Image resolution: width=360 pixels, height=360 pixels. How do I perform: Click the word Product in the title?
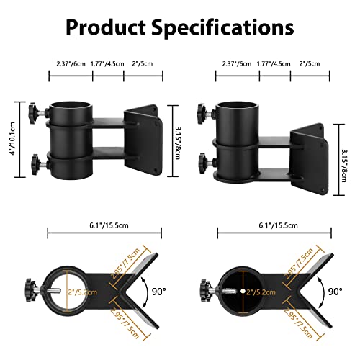pyautogui.click(x=106, y=27)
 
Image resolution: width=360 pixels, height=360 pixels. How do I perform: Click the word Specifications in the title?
pyautogui.click(x=222, y=28)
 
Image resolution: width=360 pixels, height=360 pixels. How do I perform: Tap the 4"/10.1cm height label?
pyautogui.click(x=12, y=138)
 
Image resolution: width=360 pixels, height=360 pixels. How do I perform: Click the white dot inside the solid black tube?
pyautogui.click(x=243, y=291)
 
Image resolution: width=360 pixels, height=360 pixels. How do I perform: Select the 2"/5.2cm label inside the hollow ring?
pyautogui.click(x=82, y=292)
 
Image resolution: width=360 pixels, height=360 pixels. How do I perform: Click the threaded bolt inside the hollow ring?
pyautogui.click(x=55, y=291)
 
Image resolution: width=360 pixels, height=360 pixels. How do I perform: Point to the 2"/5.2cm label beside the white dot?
pyautogui.click(x=261, y=292)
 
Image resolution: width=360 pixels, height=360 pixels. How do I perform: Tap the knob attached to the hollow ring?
pyautogui.click(x=31, y=290)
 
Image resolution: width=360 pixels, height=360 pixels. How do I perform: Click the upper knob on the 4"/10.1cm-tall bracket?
pyautogui.click(x=34, y=113)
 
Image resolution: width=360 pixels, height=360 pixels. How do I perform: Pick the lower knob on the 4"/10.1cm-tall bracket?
pyautogui.click(x=36, y=164)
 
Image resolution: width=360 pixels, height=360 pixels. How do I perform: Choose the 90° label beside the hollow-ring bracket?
pyautogui.click(x=159, y=292)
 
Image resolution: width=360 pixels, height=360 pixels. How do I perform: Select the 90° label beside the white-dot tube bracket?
pyautogui.click(x=336, y=292)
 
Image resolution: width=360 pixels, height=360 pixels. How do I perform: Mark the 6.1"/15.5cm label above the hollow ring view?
pyautogui.click(x=109, y=225)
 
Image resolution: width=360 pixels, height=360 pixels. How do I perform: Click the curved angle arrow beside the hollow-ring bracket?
pyautogui.click(x=147, y=292)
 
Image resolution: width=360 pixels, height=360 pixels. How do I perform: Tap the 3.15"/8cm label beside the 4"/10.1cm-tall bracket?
pyautogui.click(x=178, y=143)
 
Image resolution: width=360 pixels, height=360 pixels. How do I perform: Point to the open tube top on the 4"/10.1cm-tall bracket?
pyautogui.click(x=71, y=106)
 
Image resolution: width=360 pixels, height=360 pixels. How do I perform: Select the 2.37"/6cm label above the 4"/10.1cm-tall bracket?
pyautogui.click(x=71, y=64)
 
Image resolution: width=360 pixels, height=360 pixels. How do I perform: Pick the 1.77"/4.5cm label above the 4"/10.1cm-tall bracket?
pyautogui.click(x=107, y=64)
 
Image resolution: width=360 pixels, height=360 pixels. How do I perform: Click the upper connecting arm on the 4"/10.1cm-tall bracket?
pyautogui.click(x=109, y=122)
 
